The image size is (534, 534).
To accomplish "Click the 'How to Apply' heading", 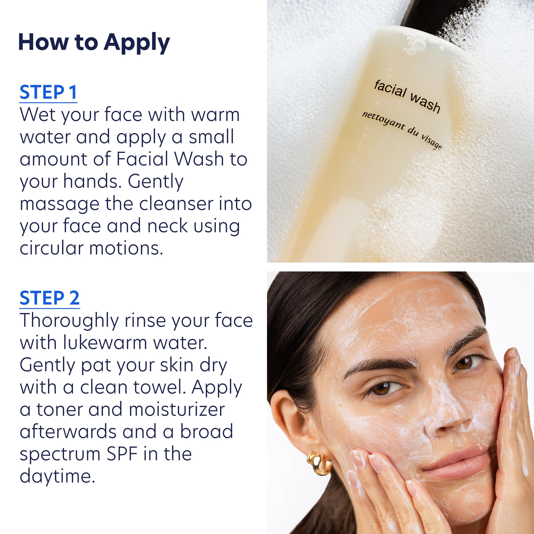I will click(x=94, y=42).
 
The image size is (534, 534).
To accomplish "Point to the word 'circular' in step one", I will click(x=51, y=248).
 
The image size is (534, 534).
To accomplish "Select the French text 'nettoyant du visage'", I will click(x=402, y=130).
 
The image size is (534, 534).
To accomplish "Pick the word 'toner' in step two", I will click(x=60, y=409).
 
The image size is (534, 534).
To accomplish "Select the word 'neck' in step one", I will click(x=167, y=226).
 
